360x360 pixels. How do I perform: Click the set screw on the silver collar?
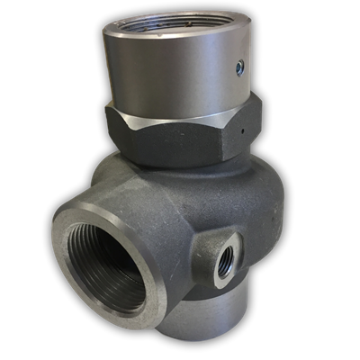(239, 66)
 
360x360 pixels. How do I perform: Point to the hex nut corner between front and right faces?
(237, 135)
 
